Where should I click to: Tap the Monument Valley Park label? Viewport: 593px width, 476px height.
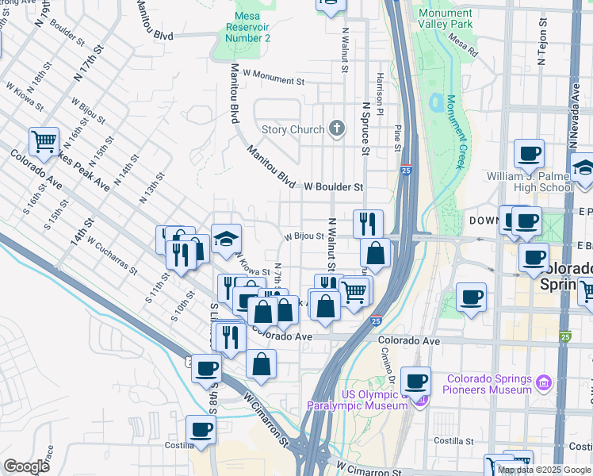(446, 19)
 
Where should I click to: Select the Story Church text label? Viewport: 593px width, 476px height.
(293, 130)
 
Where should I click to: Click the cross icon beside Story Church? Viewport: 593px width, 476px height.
(337, 129)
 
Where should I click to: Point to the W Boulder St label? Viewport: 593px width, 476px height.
(334, 187)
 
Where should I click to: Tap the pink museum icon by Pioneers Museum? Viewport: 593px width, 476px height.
(544, 384)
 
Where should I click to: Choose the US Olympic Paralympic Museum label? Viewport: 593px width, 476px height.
(358, 401)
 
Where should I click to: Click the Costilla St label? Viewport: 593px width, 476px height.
(453, 440)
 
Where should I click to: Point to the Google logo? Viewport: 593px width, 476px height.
(26, 466)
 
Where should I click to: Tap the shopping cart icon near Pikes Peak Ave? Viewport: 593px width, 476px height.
(44, 142)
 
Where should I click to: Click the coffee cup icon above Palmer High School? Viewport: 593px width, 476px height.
(529, 153)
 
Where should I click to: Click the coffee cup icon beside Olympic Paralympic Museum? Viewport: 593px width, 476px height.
(415, 381)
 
